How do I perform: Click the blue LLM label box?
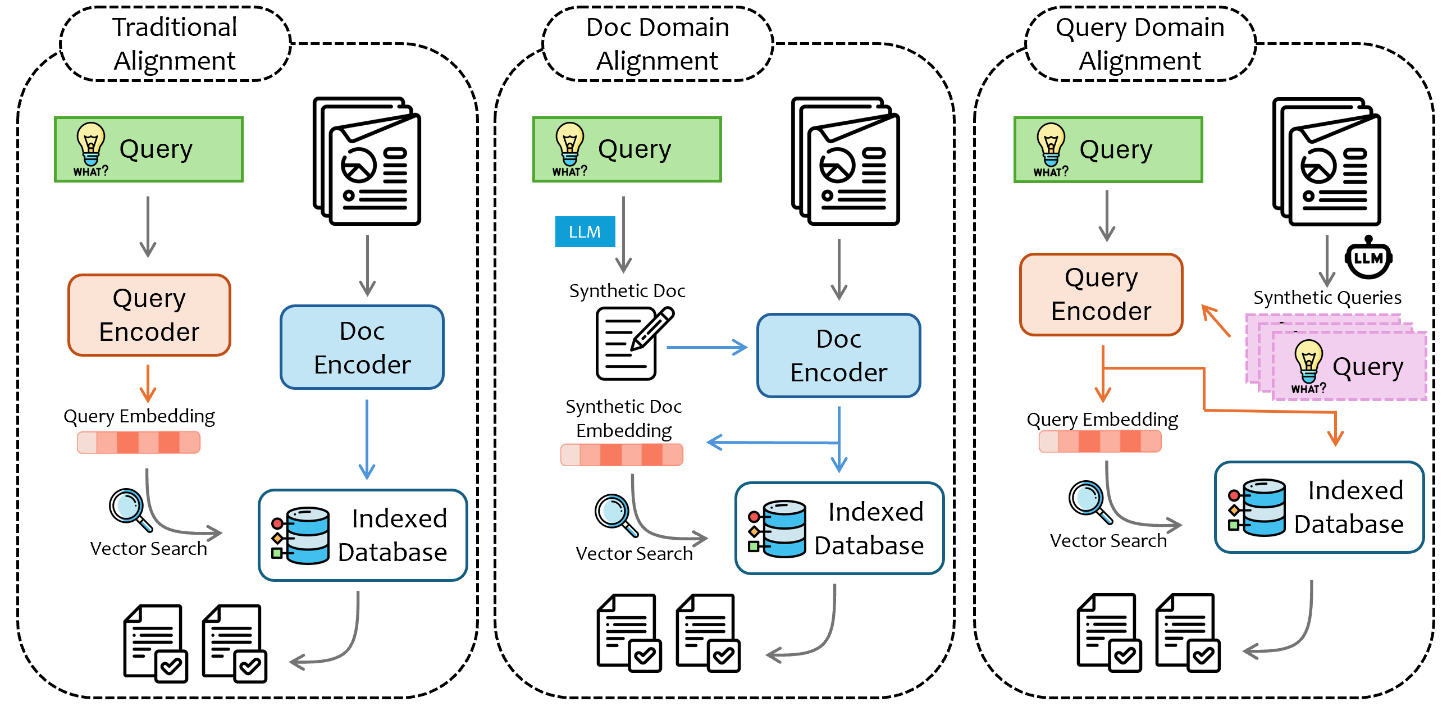pos(585,232)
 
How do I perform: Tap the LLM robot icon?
pos(1368,258)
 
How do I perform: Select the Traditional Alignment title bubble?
pos(175,44)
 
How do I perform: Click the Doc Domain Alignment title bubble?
pos(658,44)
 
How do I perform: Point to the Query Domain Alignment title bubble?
pos(1140,44)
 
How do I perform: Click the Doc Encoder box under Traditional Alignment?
pos(362,347)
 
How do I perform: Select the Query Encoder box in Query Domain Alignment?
pos(1101,294)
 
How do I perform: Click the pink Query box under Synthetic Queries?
pos(1348,366)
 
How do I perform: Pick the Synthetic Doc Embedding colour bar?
pos(622,454)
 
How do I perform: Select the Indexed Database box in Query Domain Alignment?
pos(1319,507)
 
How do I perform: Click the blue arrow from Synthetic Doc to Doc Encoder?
pos(706,347)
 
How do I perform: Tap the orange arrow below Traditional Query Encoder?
pos(148,382)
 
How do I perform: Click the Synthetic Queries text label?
pos(1327,297)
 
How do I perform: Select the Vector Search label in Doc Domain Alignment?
pos(634,553)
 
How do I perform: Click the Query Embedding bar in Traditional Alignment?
pos(139,442)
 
